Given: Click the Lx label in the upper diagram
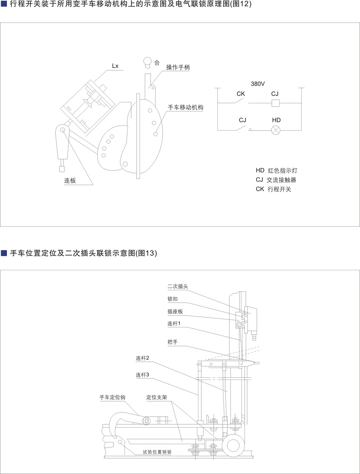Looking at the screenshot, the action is [x=115, y=66].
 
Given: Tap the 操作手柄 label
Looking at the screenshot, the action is [x=178, y=67].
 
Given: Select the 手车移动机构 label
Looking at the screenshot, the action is [x=186, y=107].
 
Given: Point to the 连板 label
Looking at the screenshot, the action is [x=70, y=181].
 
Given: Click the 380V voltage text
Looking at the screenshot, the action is [x=258, y=84].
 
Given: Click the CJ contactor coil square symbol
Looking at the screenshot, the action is [x=276, y=103].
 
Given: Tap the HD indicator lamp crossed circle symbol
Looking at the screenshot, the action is [x=276, y=130].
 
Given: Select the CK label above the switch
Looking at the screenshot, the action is [x=241, y=94].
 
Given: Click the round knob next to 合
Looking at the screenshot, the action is [x=148, y=61].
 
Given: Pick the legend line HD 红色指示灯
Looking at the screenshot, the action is [x=277, y=171].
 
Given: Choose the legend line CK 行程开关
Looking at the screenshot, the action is [x=273, y=189].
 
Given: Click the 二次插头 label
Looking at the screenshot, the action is [x=178, y=286].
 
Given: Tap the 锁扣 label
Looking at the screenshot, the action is [x=173, y=299].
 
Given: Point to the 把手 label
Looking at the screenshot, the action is [x=173, y=342].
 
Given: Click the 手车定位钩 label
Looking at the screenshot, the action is [x=112, y=398].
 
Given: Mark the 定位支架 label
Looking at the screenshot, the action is [x=157, y=398].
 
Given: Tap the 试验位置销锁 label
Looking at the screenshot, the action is [x=157, y=452].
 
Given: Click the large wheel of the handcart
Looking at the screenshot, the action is [x=233, y=445].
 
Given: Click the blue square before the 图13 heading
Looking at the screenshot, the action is [x=4, y=253].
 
